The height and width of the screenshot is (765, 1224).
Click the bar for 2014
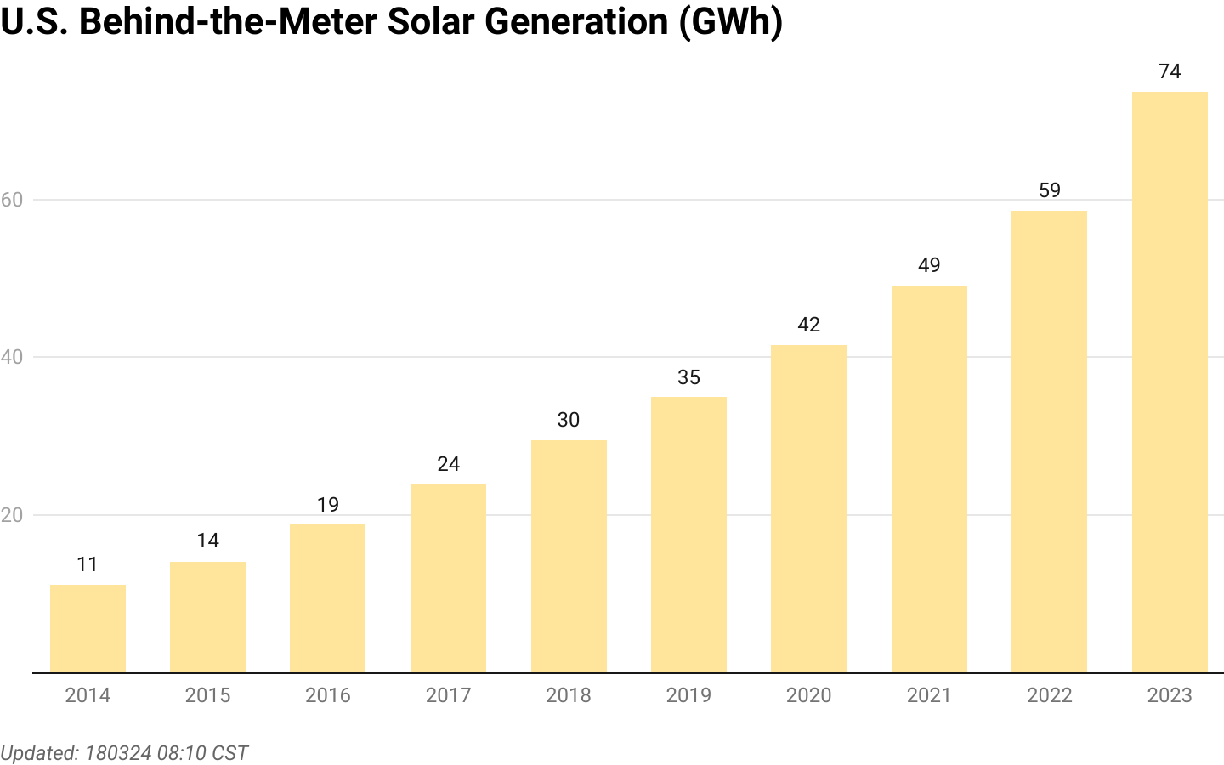(x=88, y=629)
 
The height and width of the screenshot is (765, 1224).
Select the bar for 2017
(x=448, y=578)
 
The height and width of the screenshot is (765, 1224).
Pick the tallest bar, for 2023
(x=1170, y=382)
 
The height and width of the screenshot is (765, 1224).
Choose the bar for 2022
(x=1049, y=442)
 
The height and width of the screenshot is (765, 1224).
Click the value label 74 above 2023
(x=1170, y=71)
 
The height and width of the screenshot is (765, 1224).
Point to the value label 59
(x=1049, y=190)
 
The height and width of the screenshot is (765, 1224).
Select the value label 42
(x=808, y=325)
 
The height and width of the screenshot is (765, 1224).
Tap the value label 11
(x=88, y=564)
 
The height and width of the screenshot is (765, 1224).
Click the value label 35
(x=688, y=377)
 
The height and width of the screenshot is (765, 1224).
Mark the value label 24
(x=448, y=464)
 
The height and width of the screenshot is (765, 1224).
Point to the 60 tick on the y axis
(x=11, y=200)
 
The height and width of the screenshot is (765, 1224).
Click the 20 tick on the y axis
(x=11, y=515)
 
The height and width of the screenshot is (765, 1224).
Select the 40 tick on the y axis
(x=11, y=357)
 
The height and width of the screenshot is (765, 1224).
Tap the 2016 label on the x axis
(x=328, y=695)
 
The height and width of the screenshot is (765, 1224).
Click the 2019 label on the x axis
(x=688, y=695)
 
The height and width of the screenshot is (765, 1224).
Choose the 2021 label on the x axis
(x=929, y=695)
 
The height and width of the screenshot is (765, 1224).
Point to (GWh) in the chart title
(x=730, y=22)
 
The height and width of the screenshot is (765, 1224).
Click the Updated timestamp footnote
(x=124, y=753)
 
